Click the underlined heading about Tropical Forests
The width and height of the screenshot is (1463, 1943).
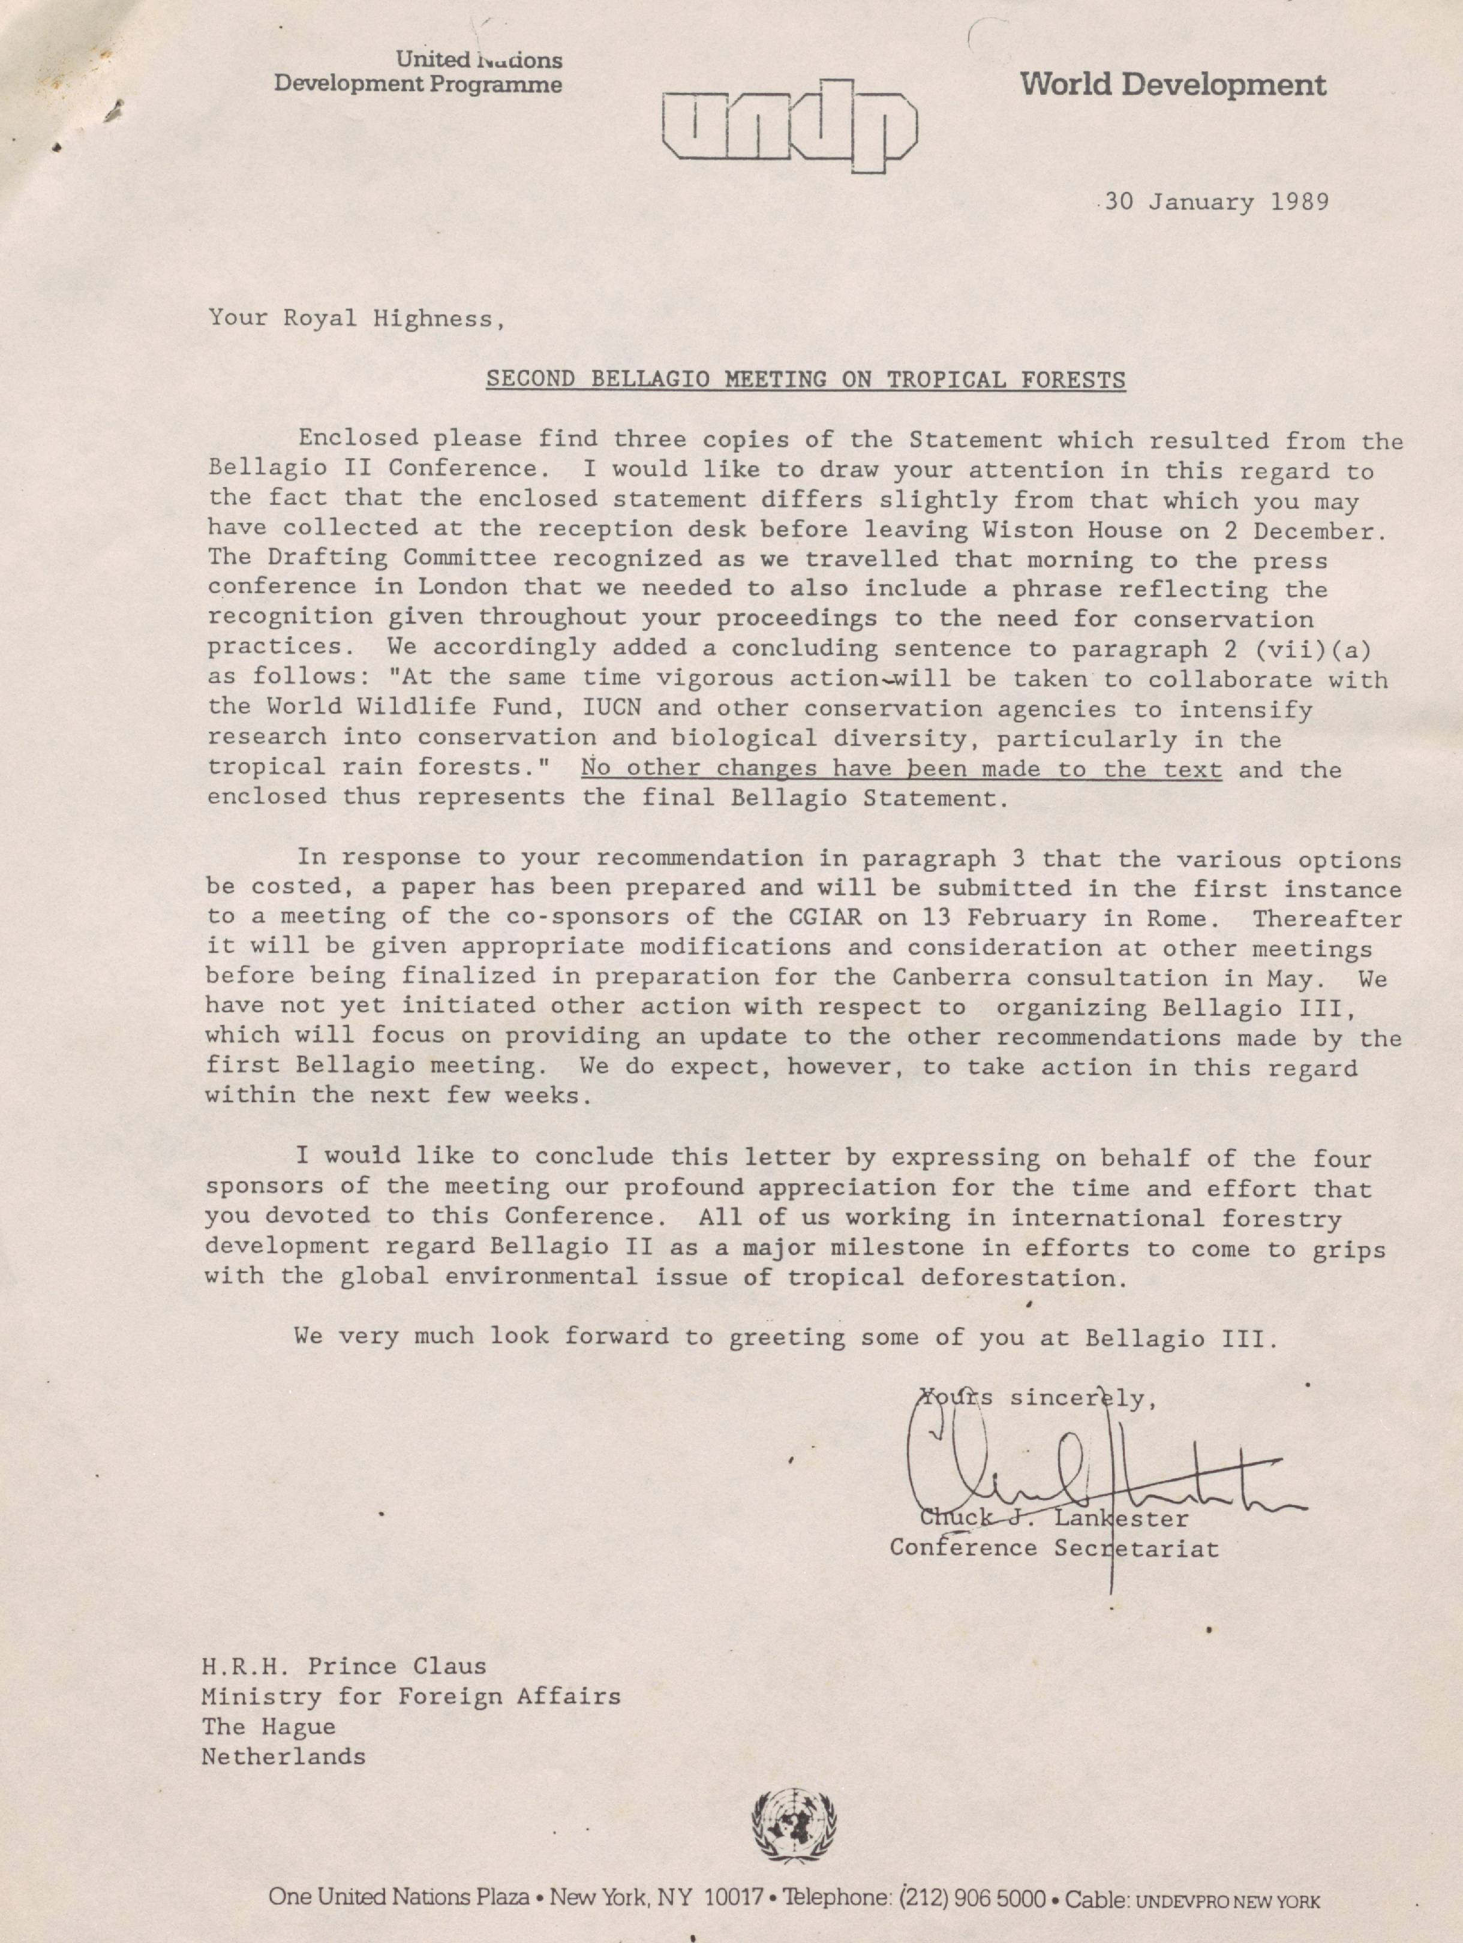pos(806,380)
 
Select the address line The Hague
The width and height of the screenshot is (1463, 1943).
pos(268,1726)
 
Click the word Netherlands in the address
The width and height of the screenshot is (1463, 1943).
pos(283,1756)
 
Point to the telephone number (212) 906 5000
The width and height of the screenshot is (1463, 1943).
pos(972,1898)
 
